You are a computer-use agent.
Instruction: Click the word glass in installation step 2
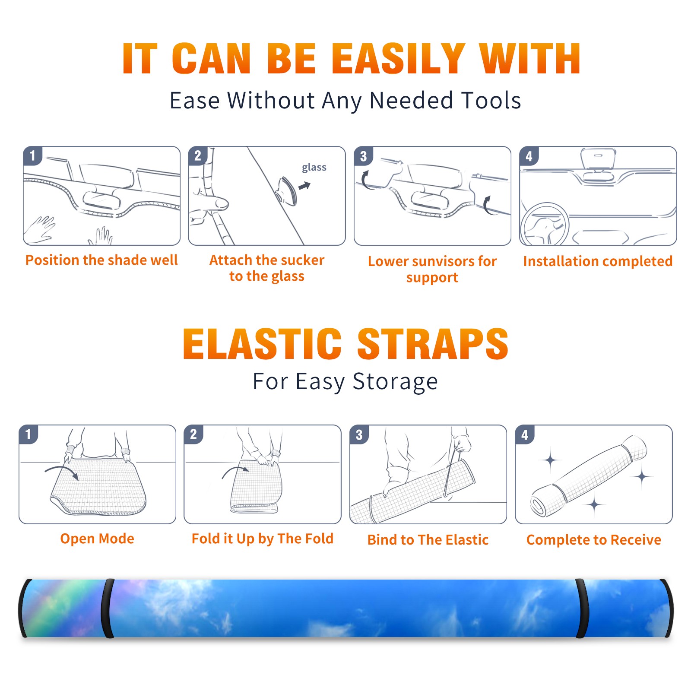314,168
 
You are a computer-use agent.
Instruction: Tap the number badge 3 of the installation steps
363,156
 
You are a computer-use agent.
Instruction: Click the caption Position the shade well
101,260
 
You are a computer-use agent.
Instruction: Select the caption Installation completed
598,261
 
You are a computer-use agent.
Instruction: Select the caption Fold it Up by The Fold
263,539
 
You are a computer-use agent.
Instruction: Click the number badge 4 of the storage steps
525,434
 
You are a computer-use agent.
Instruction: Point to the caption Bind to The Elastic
428,540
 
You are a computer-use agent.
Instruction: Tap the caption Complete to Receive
594,540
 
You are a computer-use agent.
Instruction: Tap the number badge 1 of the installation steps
32,155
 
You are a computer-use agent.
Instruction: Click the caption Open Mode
97,539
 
